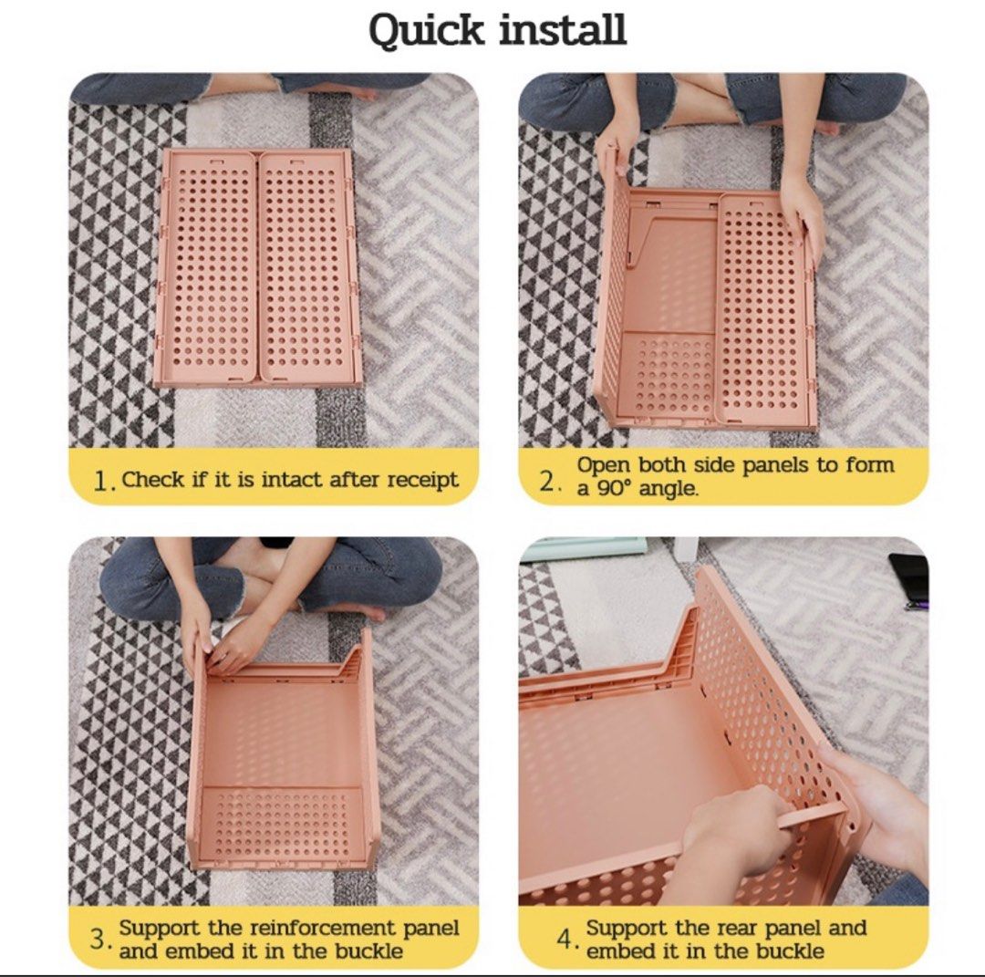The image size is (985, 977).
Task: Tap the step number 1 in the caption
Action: point(103,482)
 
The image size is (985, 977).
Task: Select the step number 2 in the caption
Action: point(547,481)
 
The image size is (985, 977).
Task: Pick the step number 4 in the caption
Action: point(568,940)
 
